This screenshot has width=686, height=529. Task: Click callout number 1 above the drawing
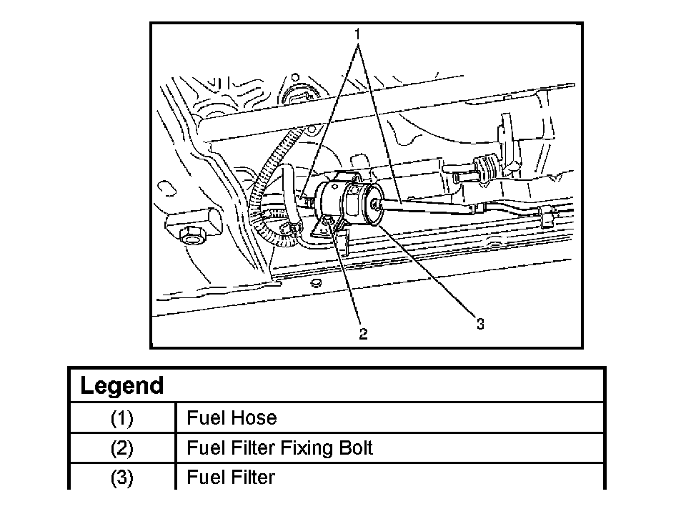coord(357,34)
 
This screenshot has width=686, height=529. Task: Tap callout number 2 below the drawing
coord(363,334)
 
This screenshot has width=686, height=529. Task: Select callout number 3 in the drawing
coord(480,325)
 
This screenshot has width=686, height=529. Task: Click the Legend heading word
coord(122,385)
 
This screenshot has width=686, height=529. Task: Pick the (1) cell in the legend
coord(121,418)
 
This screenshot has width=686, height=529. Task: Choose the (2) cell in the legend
coord(121,448)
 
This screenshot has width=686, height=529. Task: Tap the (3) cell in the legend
coord(121,478)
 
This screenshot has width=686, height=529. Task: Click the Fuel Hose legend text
coord(232,418)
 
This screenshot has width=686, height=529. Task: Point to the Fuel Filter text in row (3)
coord(231,478)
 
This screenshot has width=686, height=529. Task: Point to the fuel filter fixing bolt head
coord(327,224)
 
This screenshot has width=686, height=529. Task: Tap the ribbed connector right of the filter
coord(487,168)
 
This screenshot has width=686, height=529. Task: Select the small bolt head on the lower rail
coord(316,282)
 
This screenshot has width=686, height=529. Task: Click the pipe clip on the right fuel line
coord(547,215)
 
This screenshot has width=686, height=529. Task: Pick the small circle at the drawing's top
coord(295,78)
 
